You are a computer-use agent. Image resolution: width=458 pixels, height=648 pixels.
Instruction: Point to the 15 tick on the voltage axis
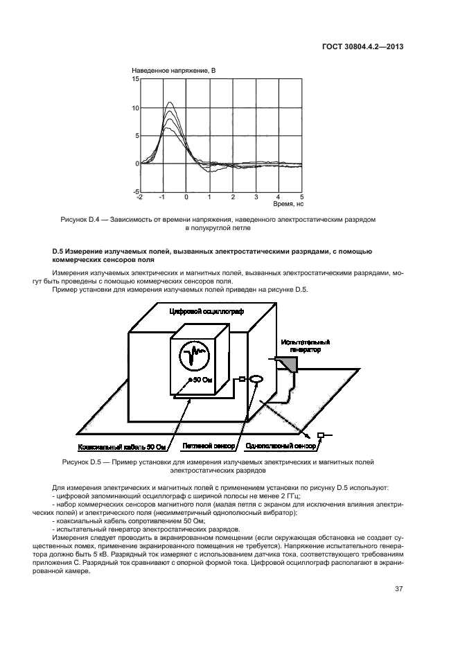pyautogui.click(x=135, y=80)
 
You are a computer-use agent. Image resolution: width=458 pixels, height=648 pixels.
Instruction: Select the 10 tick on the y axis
pyautogui.click(x=135, y=107)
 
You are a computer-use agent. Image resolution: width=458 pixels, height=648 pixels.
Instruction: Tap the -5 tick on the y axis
pyautogui.click(x=136, y=191)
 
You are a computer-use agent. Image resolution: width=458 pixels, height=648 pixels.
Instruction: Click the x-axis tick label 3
pyautogui.click(x=256, y=197)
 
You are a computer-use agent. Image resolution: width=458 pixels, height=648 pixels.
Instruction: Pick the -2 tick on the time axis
pyautogui.click(x=140, y=197)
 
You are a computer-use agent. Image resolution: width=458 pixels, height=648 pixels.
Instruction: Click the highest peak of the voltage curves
pyautogui.click(x=169, y=103)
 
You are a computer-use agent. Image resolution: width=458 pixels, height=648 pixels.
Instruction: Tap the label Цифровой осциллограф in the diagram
pyautogui.click(x=202, y=313)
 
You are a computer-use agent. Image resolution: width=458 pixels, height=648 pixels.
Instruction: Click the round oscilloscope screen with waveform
pyautogui.click(x=195, y=357)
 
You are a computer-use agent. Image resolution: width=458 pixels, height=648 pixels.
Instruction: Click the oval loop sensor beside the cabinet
pyautogui.click(x=255, y=379)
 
